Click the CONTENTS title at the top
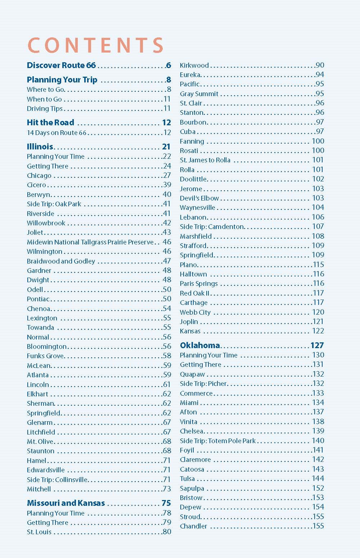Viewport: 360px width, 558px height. tap(95, 45)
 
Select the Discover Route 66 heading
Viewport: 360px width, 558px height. tap(61, 65)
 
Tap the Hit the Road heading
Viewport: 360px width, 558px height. tap(50, 122)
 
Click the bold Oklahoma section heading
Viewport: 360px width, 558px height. tap(200, 345)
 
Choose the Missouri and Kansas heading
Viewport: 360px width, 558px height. tap(66, 503)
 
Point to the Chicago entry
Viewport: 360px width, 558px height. tap(39, 176)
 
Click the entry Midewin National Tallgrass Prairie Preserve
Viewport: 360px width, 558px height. tap(90, 242)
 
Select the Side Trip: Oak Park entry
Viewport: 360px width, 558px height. tap(54, 204)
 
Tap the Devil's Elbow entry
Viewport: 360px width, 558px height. tap(199, 198)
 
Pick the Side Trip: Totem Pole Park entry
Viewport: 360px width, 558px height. tap(218, 441)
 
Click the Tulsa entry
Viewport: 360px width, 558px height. tap(187, 478)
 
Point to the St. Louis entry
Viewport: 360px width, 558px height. tap(39, 532)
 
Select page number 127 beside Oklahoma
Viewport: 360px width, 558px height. tap(317, 345)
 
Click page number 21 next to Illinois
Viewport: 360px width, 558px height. tap(166, 147)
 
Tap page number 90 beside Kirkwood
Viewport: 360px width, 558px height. tap(319, 65)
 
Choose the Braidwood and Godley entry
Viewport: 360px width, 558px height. tap(61, 261)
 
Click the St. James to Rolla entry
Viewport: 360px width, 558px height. tap(205, 160)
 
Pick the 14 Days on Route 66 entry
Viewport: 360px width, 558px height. tap(57, 132)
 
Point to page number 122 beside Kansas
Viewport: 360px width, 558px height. tap(318, 331)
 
